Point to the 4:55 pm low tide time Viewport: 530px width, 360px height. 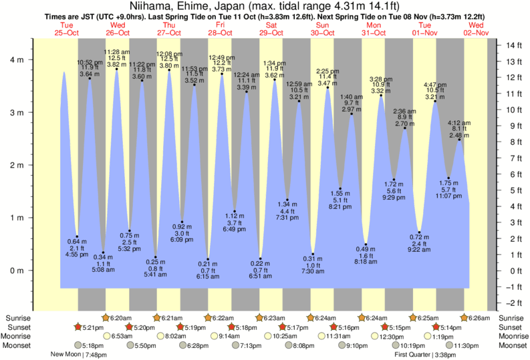[78, 255]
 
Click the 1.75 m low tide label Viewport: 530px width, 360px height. [448, 182]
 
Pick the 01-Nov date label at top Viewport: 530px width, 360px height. [425, 33]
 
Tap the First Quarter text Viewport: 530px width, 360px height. [408, 355]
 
